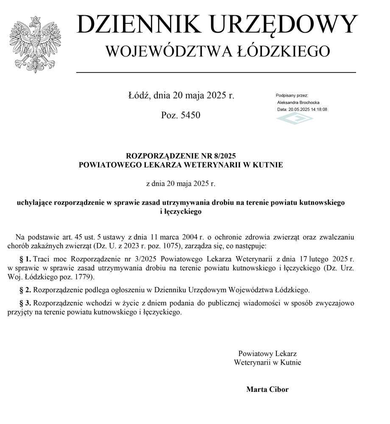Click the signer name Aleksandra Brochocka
click(x=298, y=103)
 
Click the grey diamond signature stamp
click(x=295, y=118)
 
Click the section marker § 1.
click(x=25, y=258)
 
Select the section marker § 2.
click(x=25, y=290)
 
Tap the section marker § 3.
click(x=25, y=303)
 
